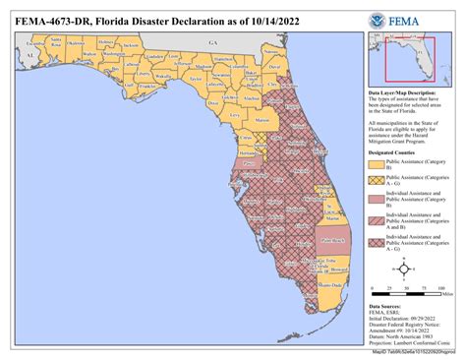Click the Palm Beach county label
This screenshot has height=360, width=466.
[x=331, y=240]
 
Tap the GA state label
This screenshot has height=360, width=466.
[x=210, y=44]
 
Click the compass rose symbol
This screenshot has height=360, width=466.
[x=403, y=268]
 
